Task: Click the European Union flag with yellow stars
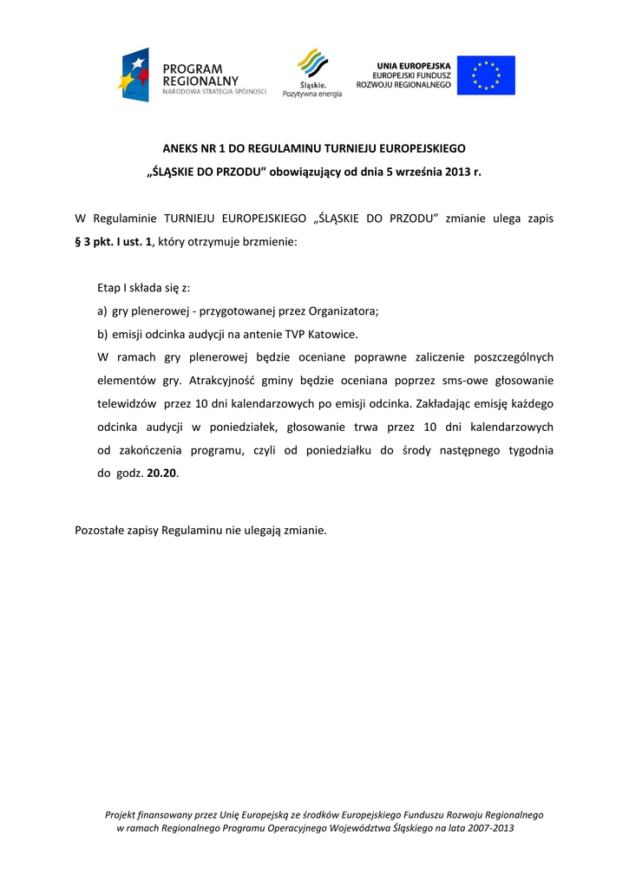(x=486, y=75)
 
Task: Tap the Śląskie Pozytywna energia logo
(x=312, y=73)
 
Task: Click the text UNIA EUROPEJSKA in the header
(x=413, y=66)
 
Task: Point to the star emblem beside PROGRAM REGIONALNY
(x=134, y=75)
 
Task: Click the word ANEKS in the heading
(x=181, y=148)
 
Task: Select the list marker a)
(x=102, y=310)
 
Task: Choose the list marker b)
(x=102, y=333)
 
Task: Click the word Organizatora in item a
(x=343, y=310)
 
